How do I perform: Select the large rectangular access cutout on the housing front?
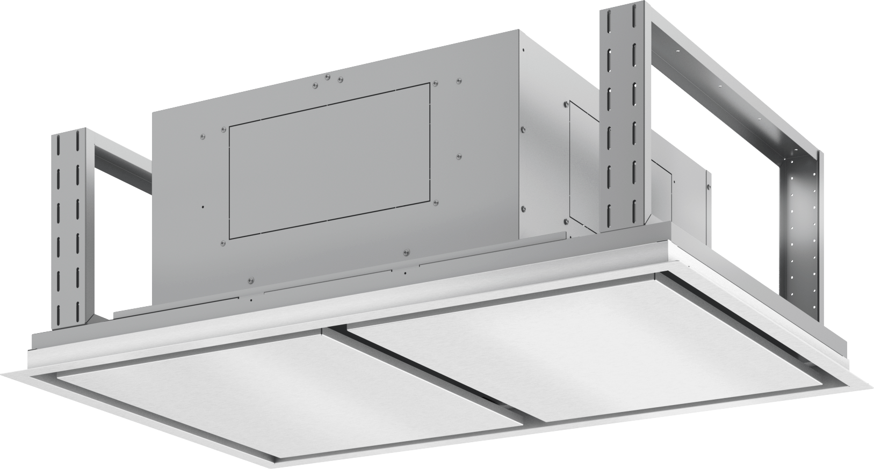click(330, 158)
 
